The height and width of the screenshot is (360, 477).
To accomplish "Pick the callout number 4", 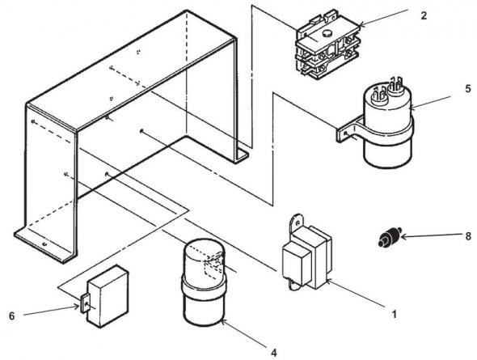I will [274, 353].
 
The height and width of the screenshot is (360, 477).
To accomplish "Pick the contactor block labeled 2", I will [323, 49].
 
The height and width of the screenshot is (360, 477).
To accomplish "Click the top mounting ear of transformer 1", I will [296, 220].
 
